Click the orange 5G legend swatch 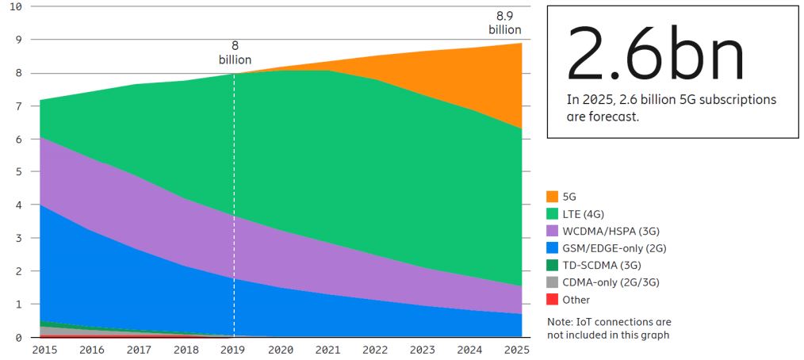coord(553,197)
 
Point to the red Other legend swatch coord(553,300)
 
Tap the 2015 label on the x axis coord(44,349)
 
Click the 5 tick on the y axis coord(18,172)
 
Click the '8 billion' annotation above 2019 coord(235,53)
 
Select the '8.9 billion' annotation coord(504,23)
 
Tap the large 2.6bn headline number coord(657,54)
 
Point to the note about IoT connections coord(609,328)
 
